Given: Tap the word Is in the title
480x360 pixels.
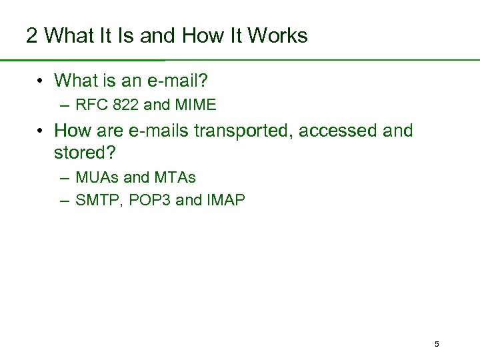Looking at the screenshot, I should [128, 35].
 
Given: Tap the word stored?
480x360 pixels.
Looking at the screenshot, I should [85, 153].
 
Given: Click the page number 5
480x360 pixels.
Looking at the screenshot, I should [437, 345].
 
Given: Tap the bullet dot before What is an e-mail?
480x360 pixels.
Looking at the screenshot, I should [41, 82].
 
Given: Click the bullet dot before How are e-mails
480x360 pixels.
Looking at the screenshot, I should [41, 131].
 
